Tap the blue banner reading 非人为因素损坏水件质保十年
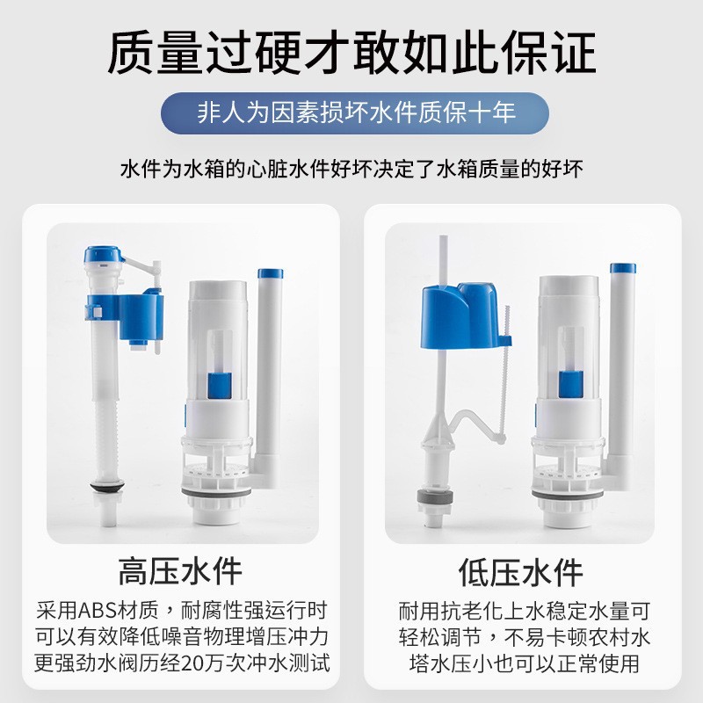coord(355,113)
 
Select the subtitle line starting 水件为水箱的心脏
coord(351,168)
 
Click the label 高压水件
coord(180,572)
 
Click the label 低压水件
coord(520,572)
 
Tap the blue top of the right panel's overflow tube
coord(623,268)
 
